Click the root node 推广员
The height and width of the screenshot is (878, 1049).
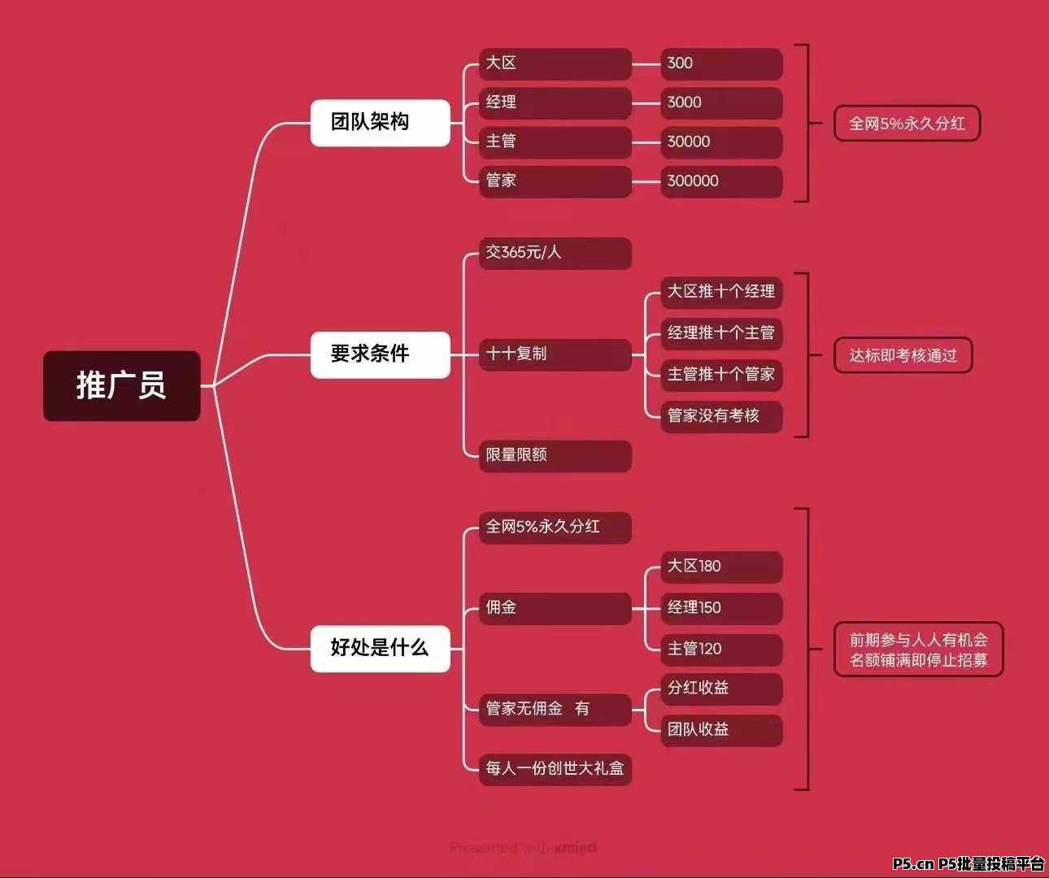point(122,386)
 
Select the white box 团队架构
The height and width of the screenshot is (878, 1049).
point(381,123)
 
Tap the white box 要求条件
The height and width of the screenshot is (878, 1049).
point(381,354)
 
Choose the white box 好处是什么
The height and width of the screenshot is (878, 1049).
point(381,649)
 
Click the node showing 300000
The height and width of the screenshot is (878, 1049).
point(721,181)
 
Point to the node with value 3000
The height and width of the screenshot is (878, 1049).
point(721,103)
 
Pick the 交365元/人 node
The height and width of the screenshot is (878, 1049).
point(555,253)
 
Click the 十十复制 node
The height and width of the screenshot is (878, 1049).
point(555,354)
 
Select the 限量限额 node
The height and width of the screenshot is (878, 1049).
point(555,456)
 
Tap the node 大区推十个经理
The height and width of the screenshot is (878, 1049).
point(721,293)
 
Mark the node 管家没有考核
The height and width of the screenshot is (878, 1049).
point(721,416)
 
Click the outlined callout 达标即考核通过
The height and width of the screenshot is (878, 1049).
point(903,355)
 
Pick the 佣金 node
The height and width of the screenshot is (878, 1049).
point(555,608)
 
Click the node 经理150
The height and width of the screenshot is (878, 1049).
point(721,608)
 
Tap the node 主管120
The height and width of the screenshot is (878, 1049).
point(721,650)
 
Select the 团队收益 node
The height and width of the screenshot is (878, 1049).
point(721,730)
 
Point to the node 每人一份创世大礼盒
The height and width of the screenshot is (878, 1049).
point(555,769)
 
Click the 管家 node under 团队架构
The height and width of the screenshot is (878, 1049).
point(555,181)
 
